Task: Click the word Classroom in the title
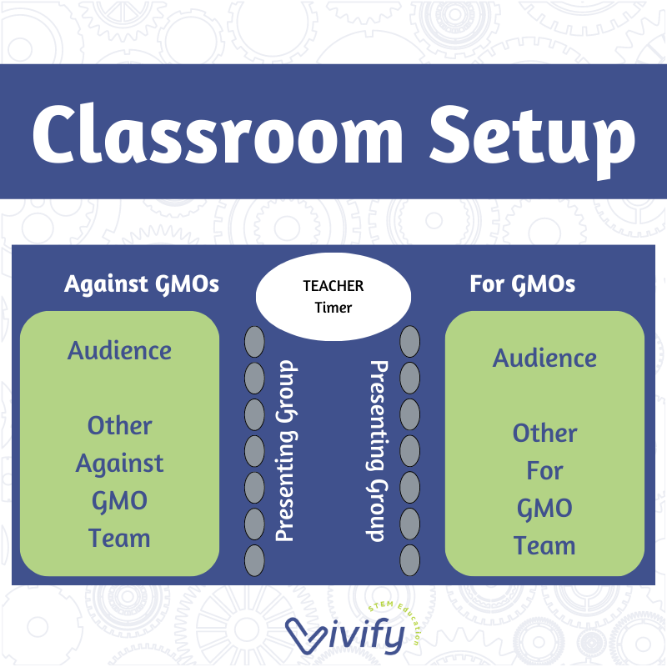[x=219, y=133]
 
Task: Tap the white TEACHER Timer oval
[x=333, y=297]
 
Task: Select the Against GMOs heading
[x=142, y=283]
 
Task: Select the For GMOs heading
[x=522, y=283]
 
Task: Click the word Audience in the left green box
[x=119, y=350]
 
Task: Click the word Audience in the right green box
[x=544, y=359]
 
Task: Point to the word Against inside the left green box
[x=119, y=463]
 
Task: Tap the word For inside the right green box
[x=544, y=471]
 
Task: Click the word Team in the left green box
[x=119, y=538]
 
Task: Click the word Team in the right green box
[x=544, y=546]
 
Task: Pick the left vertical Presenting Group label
[x=285, y=450]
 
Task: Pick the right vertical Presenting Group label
[x=379, y=450]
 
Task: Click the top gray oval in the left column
[x=254, y=342]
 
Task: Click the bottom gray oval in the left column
[x=254, y=562]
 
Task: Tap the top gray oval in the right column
[x=409, y=341]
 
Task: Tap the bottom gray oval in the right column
[x=409, y=561]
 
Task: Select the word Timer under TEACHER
[x=333, y=307]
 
